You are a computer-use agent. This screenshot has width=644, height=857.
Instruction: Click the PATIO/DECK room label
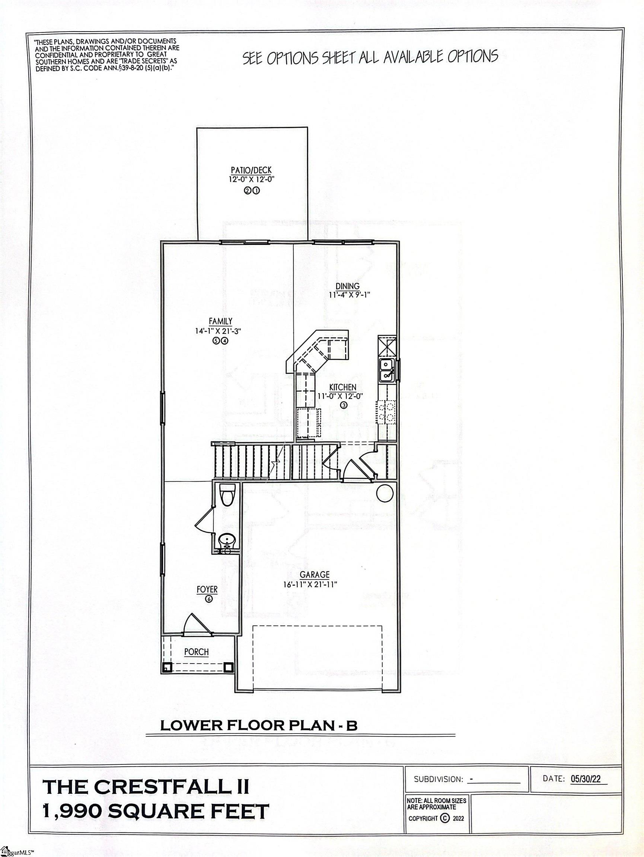click(251, 170)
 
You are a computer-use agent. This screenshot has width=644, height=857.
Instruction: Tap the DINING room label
click(347, 286)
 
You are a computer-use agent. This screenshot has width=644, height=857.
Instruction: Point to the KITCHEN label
click(343, 387)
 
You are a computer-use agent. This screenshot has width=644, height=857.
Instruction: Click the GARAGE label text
click(315, 575)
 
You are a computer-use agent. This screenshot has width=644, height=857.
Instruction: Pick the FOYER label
click(207, 590)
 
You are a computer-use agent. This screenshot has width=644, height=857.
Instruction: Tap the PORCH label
click(197, 652)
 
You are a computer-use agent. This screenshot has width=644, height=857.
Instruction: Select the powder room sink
click(225, 540)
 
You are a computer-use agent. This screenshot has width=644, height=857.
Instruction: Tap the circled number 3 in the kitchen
click(344, 405)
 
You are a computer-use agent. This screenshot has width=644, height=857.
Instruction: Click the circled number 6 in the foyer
click(209, 599)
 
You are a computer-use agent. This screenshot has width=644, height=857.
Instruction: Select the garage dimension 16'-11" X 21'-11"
click(310, 584)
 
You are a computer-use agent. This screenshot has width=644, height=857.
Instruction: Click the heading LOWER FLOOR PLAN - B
click(259, 725)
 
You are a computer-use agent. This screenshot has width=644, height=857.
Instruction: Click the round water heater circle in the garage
click(385, 493)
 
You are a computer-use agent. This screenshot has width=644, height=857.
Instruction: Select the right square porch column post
click(228, 667)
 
